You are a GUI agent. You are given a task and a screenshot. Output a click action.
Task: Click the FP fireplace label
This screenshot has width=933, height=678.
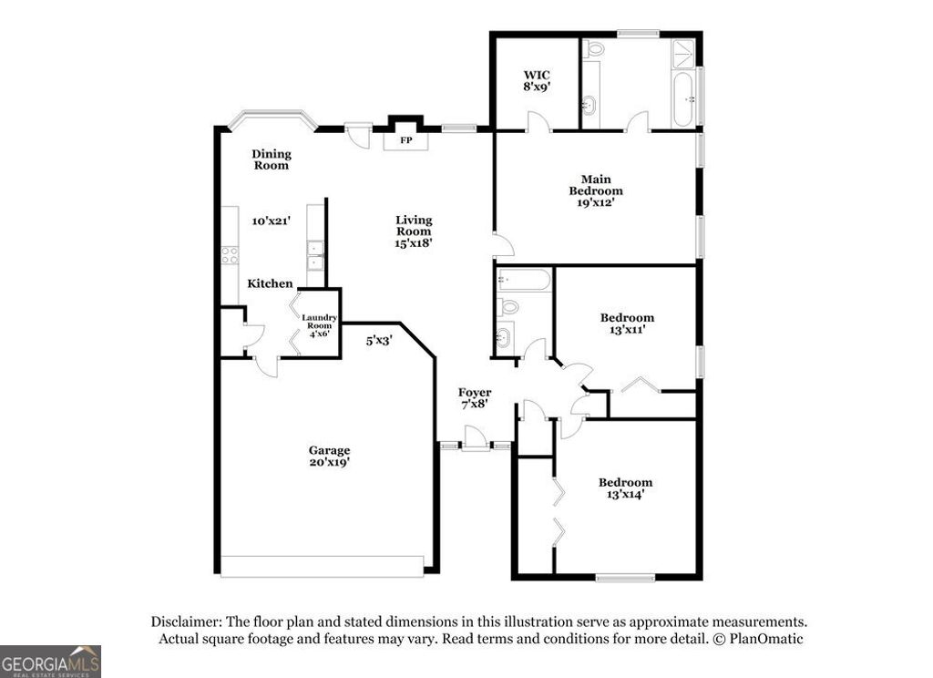point(406,140)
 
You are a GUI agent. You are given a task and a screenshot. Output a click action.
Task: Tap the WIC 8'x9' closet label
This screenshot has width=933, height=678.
point(537,80)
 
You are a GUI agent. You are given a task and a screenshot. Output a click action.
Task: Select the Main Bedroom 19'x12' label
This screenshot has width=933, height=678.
point(596,191)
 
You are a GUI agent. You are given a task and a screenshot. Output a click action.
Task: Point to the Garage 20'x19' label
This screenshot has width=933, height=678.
point(329,457)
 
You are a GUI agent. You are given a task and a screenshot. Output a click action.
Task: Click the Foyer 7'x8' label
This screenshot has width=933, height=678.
point(475,398)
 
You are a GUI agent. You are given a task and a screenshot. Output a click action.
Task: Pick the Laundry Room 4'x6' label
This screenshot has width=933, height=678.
point(319,325)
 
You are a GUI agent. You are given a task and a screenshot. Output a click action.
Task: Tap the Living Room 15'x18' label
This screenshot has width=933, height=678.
point(414,231)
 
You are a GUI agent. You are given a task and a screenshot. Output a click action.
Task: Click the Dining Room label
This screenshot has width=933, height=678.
point(272,159)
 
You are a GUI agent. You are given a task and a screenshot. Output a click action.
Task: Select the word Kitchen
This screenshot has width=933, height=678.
point(271,284)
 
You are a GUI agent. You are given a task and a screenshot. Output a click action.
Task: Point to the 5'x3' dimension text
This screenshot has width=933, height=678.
point(379,341)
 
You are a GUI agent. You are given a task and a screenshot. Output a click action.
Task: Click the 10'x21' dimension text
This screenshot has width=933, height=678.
point(272,220)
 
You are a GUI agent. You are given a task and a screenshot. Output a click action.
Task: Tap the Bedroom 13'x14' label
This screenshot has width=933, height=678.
point(625,488)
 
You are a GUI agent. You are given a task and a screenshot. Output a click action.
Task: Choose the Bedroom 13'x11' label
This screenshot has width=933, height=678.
point(627,324)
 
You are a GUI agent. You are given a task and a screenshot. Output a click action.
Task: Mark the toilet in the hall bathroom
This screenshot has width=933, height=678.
point(508,307)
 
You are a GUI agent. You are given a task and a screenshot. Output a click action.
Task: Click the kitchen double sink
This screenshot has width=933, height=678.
point(315,255)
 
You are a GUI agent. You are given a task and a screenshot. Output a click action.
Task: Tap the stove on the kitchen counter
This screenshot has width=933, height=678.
point(230,255)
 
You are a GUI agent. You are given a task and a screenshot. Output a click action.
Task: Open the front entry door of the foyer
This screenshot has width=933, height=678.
point(474,439)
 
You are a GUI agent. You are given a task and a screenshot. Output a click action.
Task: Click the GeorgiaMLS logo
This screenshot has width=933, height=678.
point(50,662)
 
